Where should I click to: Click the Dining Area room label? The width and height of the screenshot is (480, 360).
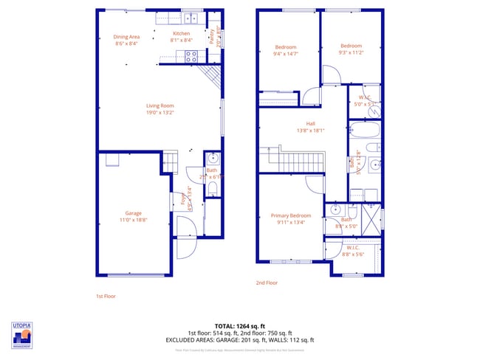[126, 37]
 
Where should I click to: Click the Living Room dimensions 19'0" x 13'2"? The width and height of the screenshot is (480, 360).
[160, 113]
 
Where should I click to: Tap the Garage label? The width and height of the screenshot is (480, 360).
[134, 214]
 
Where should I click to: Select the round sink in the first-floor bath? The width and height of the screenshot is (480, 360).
[213, 157]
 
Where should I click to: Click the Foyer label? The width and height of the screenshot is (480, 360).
[183, 198]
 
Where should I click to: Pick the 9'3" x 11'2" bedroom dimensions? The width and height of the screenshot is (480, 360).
[352, 52]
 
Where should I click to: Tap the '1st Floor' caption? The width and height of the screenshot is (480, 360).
[106, 296]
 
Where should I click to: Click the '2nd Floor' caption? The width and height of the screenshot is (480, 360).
[267, 283]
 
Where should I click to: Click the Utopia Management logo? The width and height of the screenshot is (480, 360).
[22, 334]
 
